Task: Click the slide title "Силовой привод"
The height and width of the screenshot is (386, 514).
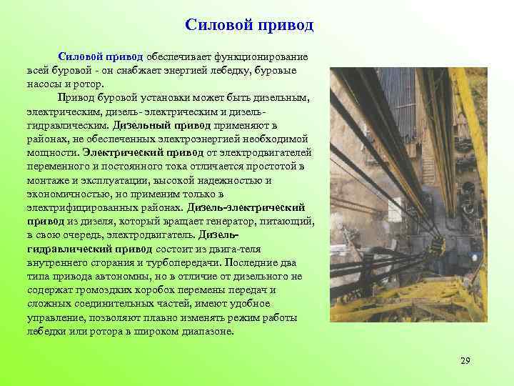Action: pos(249,25)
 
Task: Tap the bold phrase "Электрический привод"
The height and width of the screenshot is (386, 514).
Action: pos(143,152)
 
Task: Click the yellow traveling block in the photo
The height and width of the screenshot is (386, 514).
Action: pos(435,247)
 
